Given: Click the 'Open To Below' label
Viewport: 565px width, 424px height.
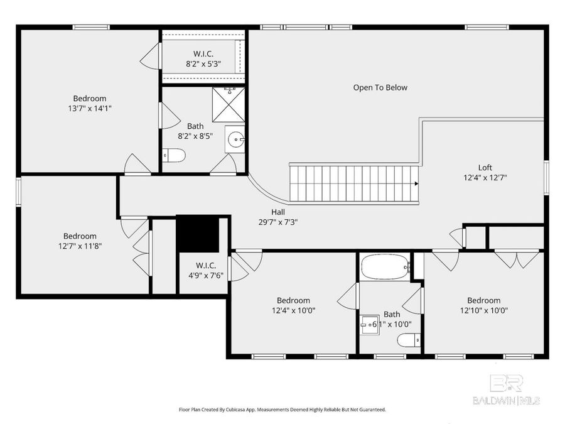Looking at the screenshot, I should [x=380, y=87].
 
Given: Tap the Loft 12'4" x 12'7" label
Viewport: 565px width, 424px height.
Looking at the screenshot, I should [x=485, y=172].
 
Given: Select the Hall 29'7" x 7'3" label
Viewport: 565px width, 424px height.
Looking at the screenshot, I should [x=277, y=217].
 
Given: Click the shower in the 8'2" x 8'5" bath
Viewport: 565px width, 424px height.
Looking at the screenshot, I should [x=228, y=104].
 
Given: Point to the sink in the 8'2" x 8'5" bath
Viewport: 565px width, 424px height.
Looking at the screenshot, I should [x=235, y=140].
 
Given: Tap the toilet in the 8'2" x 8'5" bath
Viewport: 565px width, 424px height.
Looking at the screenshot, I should [x=174, y=155].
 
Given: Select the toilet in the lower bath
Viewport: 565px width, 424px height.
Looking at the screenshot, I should [x=409, y=340].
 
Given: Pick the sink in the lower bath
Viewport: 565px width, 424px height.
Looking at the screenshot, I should [x=369, y=324].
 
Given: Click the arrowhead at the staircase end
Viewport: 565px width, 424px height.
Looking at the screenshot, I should [x=416, y=183].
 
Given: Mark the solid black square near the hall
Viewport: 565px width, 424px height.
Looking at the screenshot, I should [x=196, y=234].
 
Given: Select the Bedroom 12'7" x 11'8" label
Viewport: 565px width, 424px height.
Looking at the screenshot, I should [x=80, y=241].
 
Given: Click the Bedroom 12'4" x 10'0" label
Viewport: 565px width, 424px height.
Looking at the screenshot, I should [x=293, y=305].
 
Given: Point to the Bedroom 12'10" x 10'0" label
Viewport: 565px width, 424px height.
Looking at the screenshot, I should [x=483, y=305].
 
